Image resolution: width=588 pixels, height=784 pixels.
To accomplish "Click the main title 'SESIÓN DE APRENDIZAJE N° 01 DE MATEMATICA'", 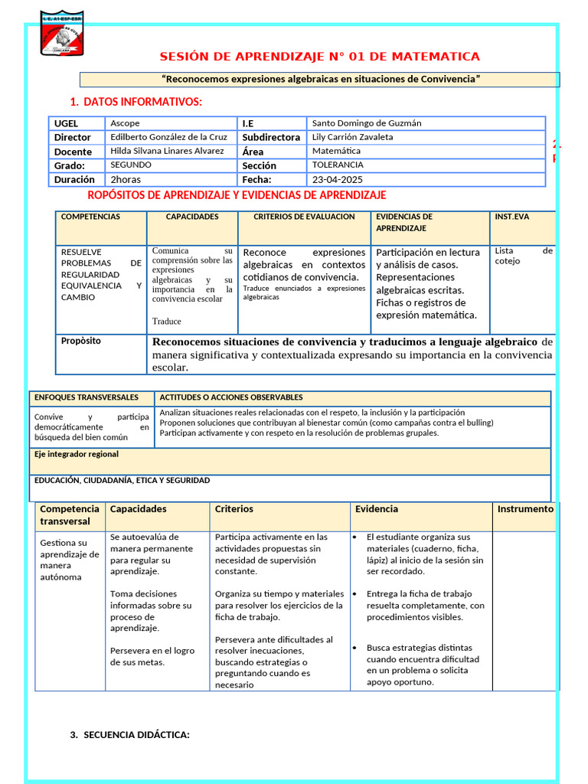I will [319, 57].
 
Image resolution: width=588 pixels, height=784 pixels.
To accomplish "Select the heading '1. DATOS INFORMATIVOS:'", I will [136, 102].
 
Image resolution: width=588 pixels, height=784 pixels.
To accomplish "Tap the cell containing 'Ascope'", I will [126, 123].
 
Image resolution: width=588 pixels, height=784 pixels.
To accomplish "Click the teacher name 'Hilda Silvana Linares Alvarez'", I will [168, 151].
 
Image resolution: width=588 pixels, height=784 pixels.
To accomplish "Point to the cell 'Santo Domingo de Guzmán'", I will [367, 123].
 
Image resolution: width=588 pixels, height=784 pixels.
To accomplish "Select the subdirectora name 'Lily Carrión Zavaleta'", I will [353, 137].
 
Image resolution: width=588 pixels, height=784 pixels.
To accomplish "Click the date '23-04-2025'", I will [336, 179].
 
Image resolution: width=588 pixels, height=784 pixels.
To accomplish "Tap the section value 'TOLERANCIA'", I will [338, 165].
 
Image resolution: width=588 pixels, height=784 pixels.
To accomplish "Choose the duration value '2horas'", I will [126, 179].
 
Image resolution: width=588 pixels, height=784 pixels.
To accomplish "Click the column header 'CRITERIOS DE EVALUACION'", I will [304, 217].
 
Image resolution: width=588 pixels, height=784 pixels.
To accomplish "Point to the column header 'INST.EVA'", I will [511, 217].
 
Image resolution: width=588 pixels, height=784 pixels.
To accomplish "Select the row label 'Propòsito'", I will [80, 341].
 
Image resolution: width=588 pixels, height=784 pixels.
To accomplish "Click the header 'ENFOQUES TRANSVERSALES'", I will [87, 397].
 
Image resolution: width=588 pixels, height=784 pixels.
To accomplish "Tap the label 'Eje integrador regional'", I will [77, 454].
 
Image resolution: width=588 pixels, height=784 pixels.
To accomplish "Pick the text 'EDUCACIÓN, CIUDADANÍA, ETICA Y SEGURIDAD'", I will [122, 481].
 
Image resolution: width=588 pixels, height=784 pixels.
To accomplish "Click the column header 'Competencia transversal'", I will [70, 515].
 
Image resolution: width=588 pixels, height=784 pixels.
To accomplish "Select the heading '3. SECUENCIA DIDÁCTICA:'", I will [129, 735].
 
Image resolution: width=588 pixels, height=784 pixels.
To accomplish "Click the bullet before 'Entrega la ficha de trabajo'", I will [356, 594].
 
